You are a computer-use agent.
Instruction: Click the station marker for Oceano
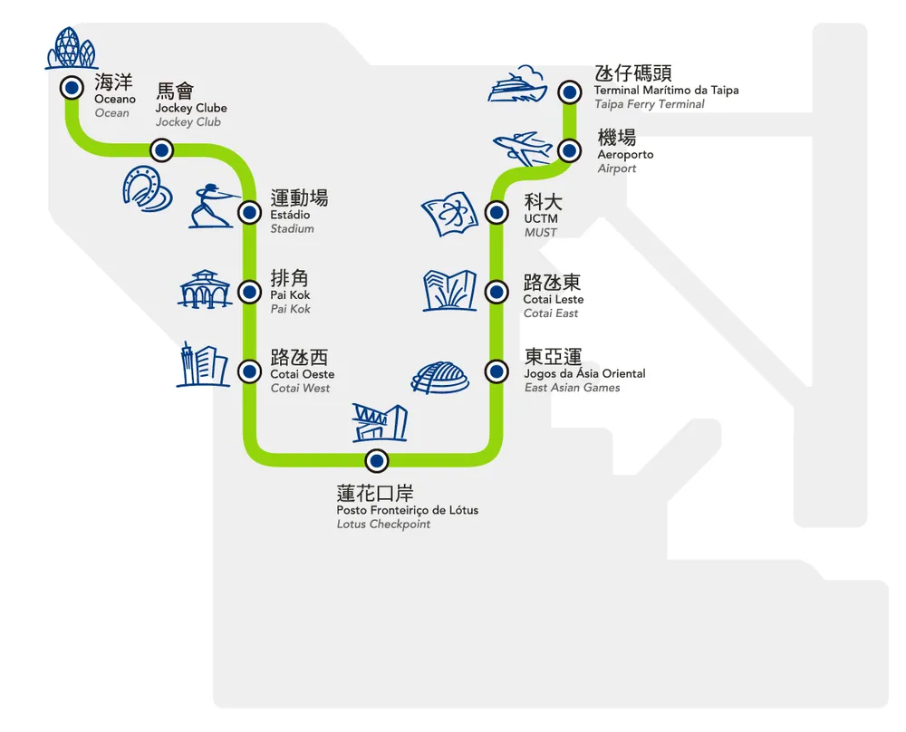point(71,88)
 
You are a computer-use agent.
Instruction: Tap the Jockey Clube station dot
point(161,149)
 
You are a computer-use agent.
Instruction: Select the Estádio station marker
point(248,213)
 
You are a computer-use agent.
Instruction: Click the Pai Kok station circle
point(248,292)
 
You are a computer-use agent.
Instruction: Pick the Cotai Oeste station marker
point(248,371)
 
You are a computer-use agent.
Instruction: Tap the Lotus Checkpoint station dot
point(376,460)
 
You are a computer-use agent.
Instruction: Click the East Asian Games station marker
point(496,371)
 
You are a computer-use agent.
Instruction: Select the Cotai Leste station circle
point(496,292)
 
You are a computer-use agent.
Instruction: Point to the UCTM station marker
point(496,213)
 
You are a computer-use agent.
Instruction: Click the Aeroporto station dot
point(569,150)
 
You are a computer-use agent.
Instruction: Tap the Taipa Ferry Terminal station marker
point(569,91)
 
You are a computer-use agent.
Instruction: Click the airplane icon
point(524,148)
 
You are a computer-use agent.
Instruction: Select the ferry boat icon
point(517,85)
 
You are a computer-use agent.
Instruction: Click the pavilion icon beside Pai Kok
point(206,290)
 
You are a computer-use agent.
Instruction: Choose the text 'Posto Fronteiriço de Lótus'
point(407,510)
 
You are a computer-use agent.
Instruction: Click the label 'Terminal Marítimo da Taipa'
point(666,90)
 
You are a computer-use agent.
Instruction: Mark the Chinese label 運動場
point(299,197)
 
